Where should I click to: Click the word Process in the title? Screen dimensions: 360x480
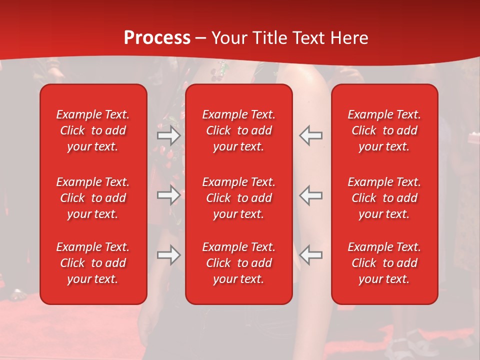pyautogui.click(x=157, y=38)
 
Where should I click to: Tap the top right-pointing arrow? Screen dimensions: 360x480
pyautogui.click(x=169, y=135)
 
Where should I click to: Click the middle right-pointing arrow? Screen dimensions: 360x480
pyautogui.click(x=169, y=195)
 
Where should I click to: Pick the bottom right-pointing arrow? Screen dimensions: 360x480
pyautogui.click(x=169, y=255)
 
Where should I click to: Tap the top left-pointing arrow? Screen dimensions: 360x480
pyautogui.click(x=311, y=135)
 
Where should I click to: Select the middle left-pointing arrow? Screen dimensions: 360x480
pyautogui.click(x=311, y=195)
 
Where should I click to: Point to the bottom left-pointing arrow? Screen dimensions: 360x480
pyautogui.click(x=311, y=255)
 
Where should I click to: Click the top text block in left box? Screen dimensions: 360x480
pyautogui.click(x=93, y=130)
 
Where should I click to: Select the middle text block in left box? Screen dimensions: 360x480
pyautogui.click(x=93, y=198)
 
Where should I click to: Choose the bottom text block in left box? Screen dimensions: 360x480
pyautogui.click(x=93, y=263)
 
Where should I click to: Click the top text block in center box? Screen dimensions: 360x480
pyautogui.click(x=239, y=130)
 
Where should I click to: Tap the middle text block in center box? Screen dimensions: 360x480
pyautogui.click(x=239, y=198)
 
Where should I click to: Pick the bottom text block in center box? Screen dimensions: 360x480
pyautogui.click(x=239, y=263)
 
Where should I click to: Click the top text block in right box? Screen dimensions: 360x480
pyautogui.click(x=384, y=130)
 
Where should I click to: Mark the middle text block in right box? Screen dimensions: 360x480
pyautogui.click(x=384, y=198)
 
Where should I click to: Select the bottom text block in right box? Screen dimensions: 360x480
pyautogui.click(x=384, y=263)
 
